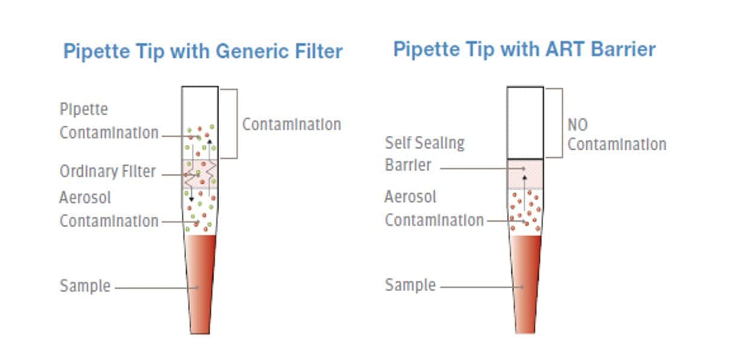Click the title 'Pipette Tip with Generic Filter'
pos(203,51)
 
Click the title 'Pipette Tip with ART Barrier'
pos(524,48)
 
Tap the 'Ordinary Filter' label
pos(107,172)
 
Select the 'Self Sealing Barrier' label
pos(424,154)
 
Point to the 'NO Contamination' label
pos(616,135)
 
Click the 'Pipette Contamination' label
pos(109,121)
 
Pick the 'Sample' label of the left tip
pos(85,286)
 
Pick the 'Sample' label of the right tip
pos(411,284)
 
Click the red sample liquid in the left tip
pos(200,278)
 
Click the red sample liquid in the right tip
pos(525,278)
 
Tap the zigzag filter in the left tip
pos(200,175)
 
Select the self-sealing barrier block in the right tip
pos(525,174)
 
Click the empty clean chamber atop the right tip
pos(525,123)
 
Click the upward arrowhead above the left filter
pos(209,141)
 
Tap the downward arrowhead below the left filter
pos(191,199)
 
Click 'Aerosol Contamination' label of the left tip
pos(109,209)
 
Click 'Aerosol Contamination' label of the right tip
pos(434,208)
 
